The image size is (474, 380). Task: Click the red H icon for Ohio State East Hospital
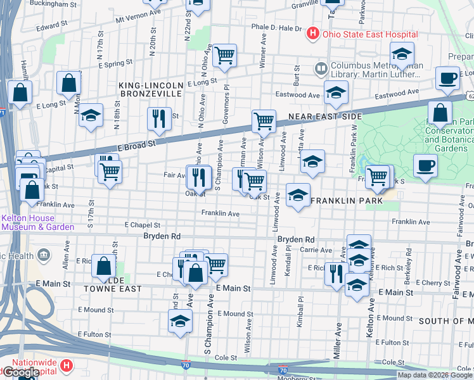click(312, 34)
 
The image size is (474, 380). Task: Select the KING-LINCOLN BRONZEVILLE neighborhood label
click(150, 89)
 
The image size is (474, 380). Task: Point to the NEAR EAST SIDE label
click(324, 117)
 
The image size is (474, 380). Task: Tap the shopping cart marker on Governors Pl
click(224, 56)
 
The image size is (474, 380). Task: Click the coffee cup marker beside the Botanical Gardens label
click(425, 166)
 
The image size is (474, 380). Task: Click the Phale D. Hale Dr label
click(276, 28)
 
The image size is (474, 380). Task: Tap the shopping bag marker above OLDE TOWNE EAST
click(103, 266)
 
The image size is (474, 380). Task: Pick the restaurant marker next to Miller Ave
click(336, 274)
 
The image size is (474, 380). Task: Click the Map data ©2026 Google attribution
click(435, 375)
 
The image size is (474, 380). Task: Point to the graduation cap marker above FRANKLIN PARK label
click(312, 163)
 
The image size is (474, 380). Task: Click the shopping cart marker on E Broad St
click(263, 120)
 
